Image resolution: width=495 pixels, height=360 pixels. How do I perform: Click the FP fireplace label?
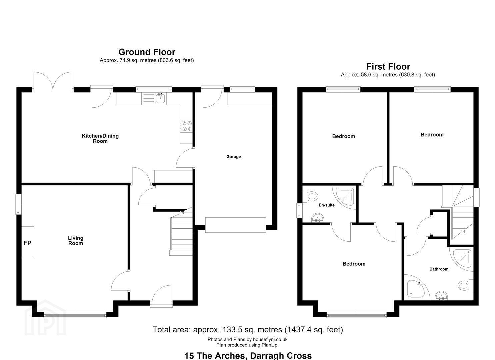(27, 243)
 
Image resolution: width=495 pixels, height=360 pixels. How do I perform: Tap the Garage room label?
(234, 156)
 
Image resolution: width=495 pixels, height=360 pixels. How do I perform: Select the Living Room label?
(76, 241)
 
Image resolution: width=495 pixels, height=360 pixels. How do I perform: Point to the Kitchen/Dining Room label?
(100, 138)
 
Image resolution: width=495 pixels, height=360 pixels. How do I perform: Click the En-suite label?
(327, 205)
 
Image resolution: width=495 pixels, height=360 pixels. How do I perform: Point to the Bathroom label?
(439, 269)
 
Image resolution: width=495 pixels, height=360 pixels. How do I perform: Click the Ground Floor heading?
(147, 52)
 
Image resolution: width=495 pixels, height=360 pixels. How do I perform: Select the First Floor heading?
(388, 67)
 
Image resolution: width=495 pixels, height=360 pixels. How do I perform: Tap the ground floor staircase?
(181, 234)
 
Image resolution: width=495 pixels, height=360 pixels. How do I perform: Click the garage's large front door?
(236, 225)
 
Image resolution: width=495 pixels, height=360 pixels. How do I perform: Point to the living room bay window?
(75, 315)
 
